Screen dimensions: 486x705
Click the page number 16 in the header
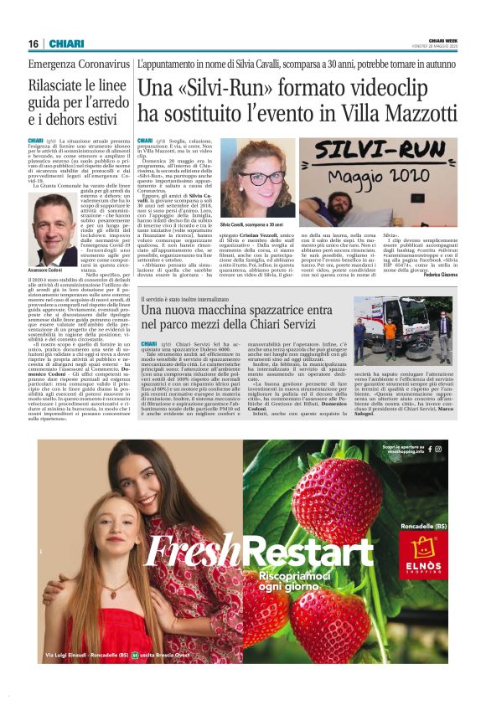pyautogui.click(x=34, y=44)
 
